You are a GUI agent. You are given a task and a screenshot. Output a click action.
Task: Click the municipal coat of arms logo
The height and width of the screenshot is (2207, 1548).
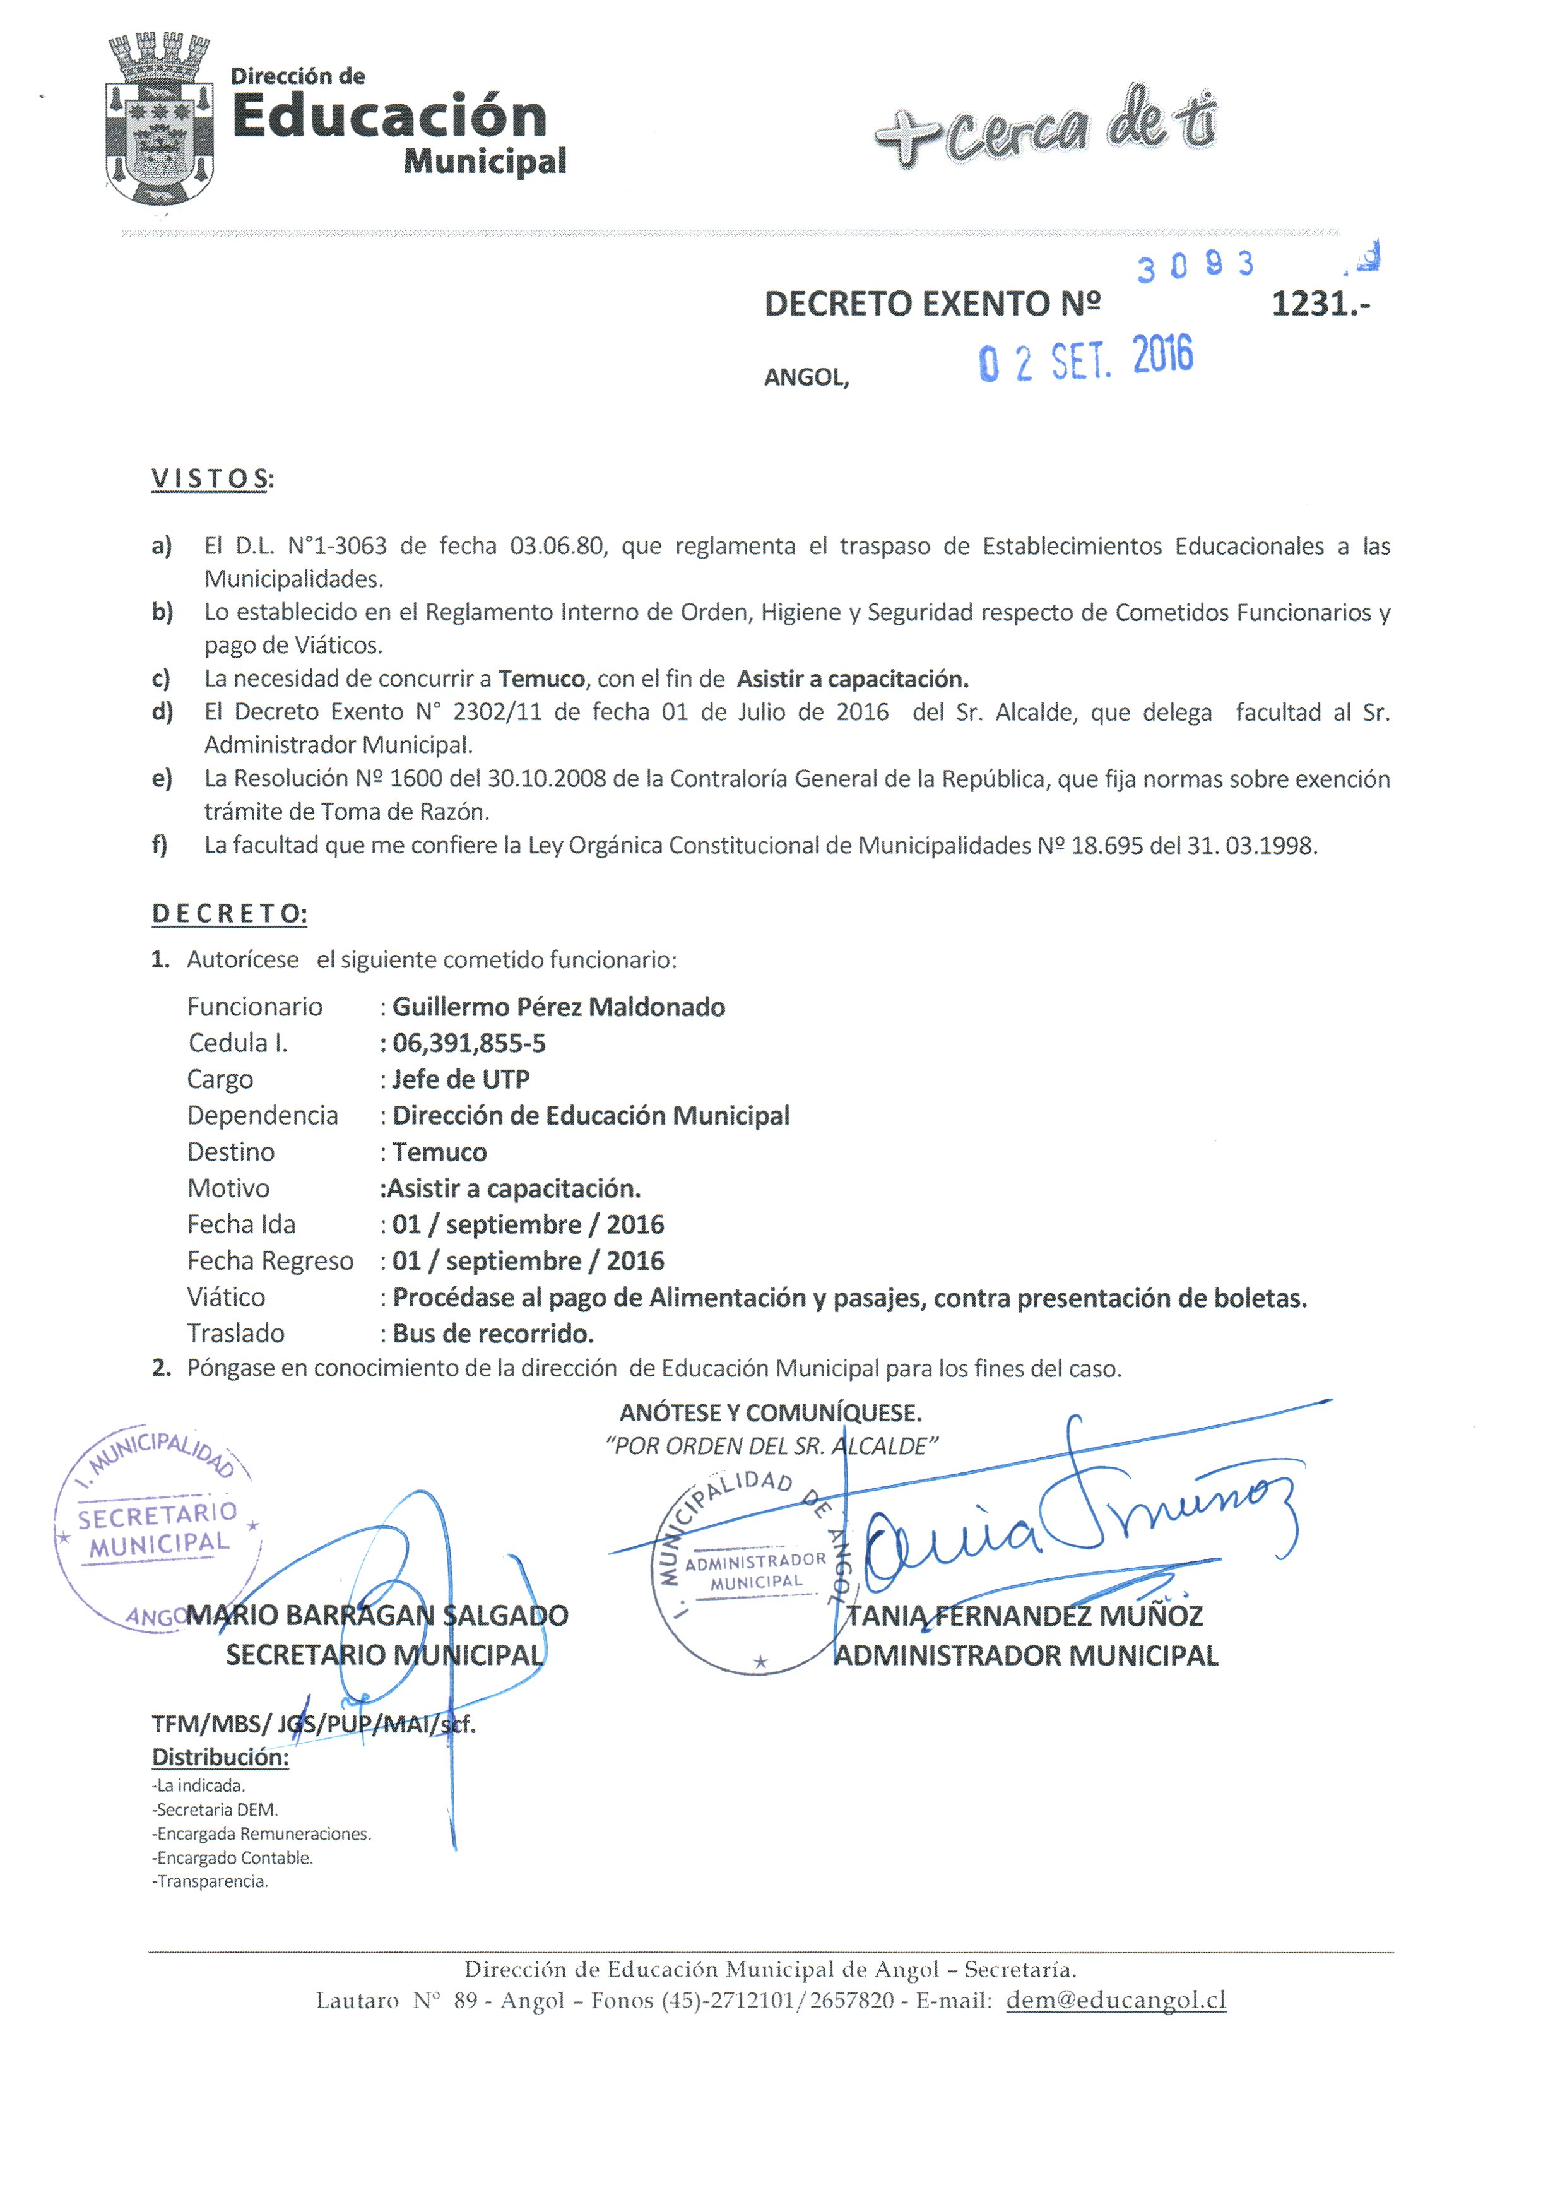point(158,120)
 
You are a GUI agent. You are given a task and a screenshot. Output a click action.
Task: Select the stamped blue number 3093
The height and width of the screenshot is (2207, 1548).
point(1195,265)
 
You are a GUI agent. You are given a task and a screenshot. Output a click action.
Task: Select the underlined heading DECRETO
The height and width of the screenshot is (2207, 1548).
point(228,913)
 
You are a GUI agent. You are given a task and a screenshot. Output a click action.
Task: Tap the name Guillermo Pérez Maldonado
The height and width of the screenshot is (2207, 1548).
point(558,1007)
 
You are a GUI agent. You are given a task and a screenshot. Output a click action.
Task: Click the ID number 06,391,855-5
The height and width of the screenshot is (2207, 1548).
point(469,1043)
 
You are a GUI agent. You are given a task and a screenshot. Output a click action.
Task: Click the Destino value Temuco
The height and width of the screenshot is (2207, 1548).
point(439,1152)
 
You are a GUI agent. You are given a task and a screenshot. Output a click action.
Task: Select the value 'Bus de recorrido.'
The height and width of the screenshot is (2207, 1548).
point(493,1334)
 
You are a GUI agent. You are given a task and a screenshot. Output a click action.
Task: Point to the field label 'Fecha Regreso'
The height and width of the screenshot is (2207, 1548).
point(270,1260)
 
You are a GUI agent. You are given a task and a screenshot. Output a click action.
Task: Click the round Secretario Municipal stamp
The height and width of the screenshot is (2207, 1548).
point(157,1529)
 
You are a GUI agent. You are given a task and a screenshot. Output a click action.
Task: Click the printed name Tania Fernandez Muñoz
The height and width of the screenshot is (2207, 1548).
point(1024,1616)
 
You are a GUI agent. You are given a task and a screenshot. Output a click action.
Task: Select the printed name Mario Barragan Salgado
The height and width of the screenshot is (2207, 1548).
point(377,1615)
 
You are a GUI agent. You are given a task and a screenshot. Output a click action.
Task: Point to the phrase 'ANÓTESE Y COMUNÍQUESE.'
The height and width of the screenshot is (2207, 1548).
point(771,1413)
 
